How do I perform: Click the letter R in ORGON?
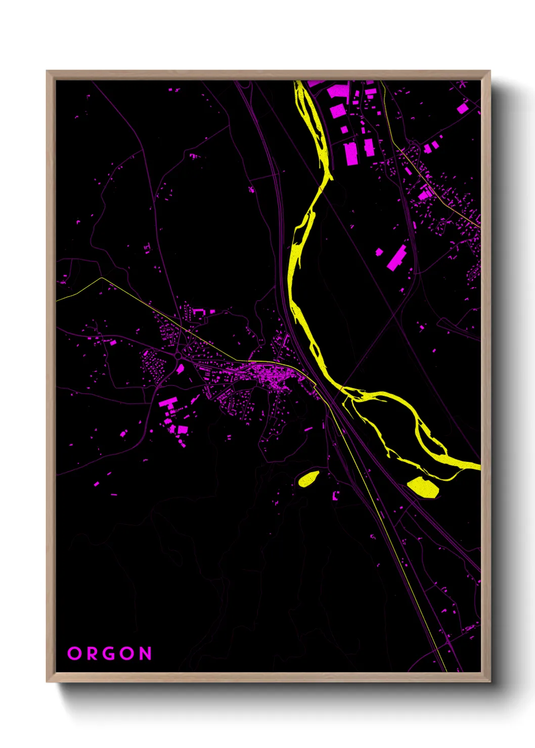pyautogui.click(x=92, y=653)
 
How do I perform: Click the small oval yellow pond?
pyautogui.click(x=308, y=478)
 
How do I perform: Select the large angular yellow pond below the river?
pyautogui.click(x=423, y=487)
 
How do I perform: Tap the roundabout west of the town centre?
pyautogui.click(x=178, y=357)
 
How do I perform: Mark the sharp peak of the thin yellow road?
pyautogui.click(x=102, y=277)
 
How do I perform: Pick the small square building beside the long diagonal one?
pyautogui.click(x=379, y=251)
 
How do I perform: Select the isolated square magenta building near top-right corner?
pyautogui.click(x=462, y=108)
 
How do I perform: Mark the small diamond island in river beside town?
pyautogui.click(x=314, y=349)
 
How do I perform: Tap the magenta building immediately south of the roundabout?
pyautogui.click(x=180, y=369)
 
